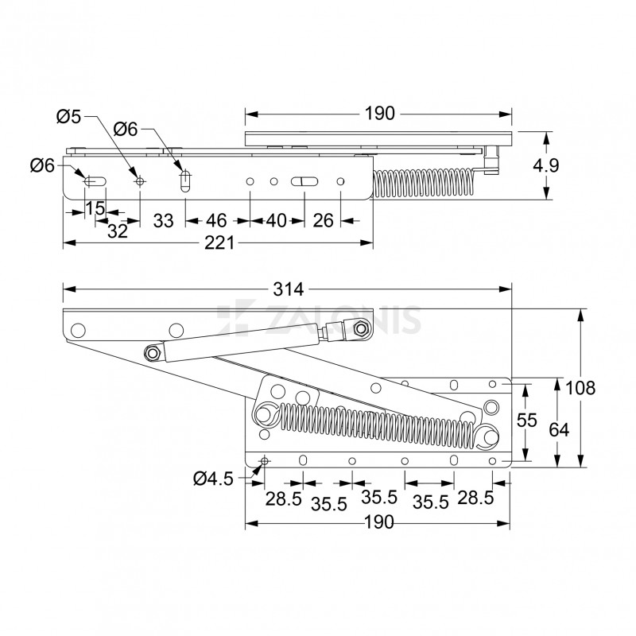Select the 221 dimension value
219,244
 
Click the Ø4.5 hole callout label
212,478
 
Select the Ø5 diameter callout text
68,117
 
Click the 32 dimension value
118,231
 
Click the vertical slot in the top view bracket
185,181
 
